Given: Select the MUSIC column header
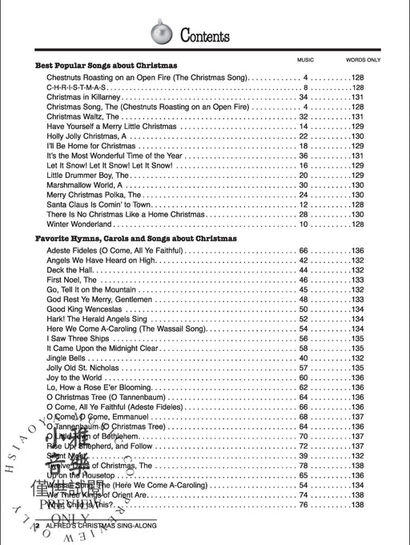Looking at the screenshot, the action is pos(304,61).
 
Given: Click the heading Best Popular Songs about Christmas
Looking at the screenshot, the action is pos(106,65).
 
